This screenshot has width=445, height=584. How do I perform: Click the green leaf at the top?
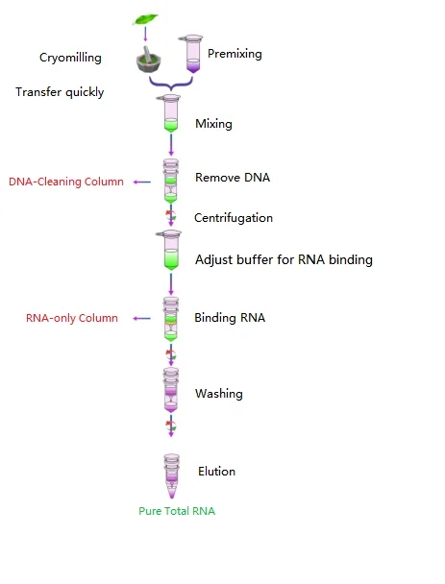(x=146, y=18)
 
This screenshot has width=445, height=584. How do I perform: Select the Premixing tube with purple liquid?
(x=193, y=55)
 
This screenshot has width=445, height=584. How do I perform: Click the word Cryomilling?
(x=70, y=58)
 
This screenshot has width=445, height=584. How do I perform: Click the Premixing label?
(x=235, y=55)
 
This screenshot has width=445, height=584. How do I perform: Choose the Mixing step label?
(x=213, y=124)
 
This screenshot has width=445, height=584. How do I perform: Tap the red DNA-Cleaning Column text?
(x=66, y=182)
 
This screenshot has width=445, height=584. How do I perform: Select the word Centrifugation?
(x=234, y=218)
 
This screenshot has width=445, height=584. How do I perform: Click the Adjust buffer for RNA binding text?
(x=284, y=259)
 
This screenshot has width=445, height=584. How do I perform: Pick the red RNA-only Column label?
(x=72, y=318)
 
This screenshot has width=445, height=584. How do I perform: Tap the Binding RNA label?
(x=230, y=318)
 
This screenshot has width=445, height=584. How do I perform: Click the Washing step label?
(x=219, y=394)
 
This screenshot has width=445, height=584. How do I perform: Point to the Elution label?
(x=216, y=472)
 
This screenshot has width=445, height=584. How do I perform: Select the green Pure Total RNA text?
(x=177, y=511)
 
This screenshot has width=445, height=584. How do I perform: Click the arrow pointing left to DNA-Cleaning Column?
(x=142, y=182)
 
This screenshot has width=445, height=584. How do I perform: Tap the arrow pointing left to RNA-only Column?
(x=142, y=318)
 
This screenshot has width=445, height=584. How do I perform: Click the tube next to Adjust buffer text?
(x=171, y=251)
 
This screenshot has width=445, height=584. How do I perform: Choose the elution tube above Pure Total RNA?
(x=171, y=475)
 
